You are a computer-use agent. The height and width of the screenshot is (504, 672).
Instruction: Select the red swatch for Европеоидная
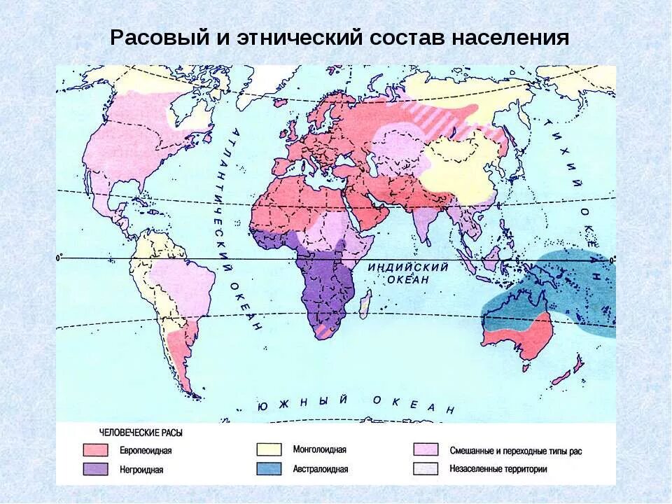(x=95, y=450)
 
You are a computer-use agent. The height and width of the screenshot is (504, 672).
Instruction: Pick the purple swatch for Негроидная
(x=95, y=469)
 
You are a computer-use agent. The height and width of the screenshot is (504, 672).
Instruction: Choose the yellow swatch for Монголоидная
(x=269, y=449)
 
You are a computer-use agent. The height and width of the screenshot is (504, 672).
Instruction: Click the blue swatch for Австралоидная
(x=269, y=468)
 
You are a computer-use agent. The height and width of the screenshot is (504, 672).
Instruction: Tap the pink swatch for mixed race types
(x=426, y=449)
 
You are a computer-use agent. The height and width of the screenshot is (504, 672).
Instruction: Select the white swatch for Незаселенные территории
(x=426, y=468)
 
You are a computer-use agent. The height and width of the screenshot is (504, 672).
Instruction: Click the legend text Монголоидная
(x=319, y=450)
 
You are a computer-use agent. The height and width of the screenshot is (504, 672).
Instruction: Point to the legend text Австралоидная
(x=320, y=469)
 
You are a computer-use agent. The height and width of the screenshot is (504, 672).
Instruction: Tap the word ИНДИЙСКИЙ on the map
(x=407, y=267)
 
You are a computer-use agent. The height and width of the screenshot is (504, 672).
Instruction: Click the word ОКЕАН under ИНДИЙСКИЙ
(x=407, y=279)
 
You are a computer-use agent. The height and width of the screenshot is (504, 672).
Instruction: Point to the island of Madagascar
(x=364, y=305)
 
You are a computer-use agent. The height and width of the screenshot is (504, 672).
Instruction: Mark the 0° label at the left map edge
(x=59, y=258)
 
